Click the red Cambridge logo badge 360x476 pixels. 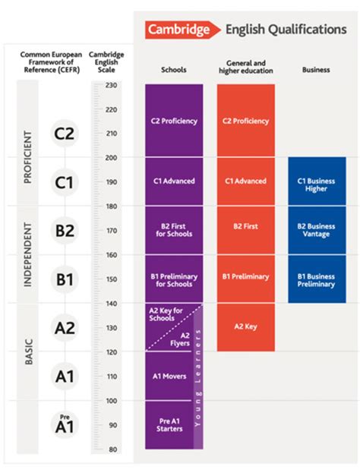182,30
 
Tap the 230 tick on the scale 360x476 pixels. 111,85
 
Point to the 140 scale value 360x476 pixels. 111,303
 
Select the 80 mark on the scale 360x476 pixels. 112,449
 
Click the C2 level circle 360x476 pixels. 65,134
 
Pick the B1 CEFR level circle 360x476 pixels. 65,279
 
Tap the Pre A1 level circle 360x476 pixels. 65,424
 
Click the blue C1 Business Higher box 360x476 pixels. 317,181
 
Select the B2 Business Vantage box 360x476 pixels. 317,230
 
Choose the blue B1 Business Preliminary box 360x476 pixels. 317,279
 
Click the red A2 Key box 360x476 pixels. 246,327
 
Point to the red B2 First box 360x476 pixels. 246,230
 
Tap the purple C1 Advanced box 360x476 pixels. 174,181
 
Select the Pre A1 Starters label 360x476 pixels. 169,425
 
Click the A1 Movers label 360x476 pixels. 169,377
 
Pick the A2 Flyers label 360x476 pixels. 180,339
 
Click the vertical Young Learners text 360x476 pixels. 198,377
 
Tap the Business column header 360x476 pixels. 316,70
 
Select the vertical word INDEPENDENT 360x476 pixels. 27,254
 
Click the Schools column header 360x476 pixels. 174,70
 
